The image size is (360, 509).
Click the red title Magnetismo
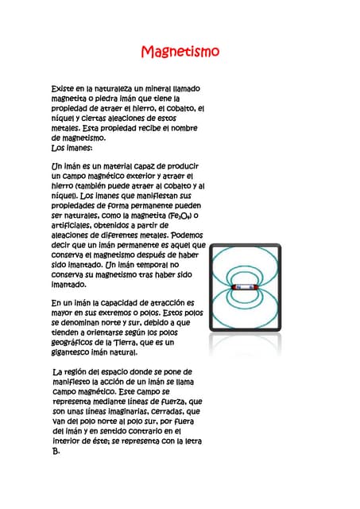tap(180, 52)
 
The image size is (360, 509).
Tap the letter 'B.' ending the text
tap(56, 451)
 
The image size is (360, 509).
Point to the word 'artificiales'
tap(72, 226)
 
